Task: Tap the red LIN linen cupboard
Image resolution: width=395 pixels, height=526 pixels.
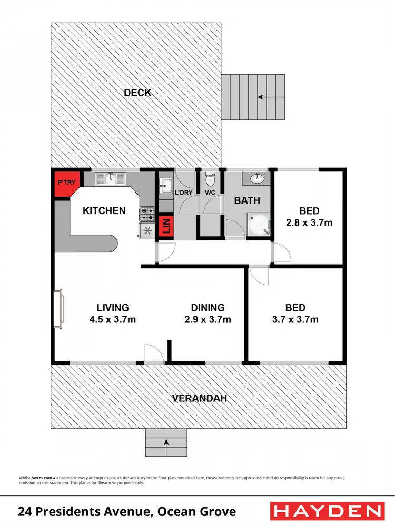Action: pyautogui.click(x=166, y=226)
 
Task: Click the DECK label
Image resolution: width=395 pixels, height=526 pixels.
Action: pyautogui.click(x=137, y=93)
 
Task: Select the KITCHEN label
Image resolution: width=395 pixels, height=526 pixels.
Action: pyautogui.click(x=104, y=211)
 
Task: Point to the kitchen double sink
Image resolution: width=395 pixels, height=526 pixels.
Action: pyautogui.click(x=111, y=179)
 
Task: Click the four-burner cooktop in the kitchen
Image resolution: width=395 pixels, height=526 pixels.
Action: pyautogui.click(x=147, y=214)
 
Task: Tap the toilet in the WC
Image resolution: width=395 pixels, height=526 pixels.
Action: pyautogui.click(x=211, y=180)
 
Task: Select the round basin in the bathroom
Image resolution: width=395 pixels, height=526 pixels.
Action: pyautogui.click(x=256, y=178)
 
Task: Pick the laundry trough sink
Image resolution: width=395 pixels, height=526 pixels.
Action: pyautogui.click(x=165, y=185)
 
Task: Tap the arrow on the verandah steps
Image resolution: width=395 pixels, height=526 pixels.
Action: pyautogui.click(x=166, y=442)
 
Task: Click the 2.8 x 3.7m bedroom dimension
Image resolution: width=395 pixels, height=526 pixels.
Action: pyautogui.click(x=309, y=222)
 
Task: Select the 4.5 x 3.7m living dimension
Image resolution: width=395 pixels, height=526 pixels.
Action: pyautogui.click(x=113, y=319)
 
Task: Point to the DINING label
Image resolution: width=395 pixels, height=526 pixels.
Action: pyautogui.click(x=208, y=308)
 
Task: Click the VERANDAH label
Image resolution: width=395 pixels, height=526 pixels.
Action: pyautogui.click(x=199, y=398)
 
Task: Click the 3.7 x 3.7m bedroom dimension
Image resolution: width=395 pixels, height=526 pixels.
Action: pyautogui.click(x=295, y=319)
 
